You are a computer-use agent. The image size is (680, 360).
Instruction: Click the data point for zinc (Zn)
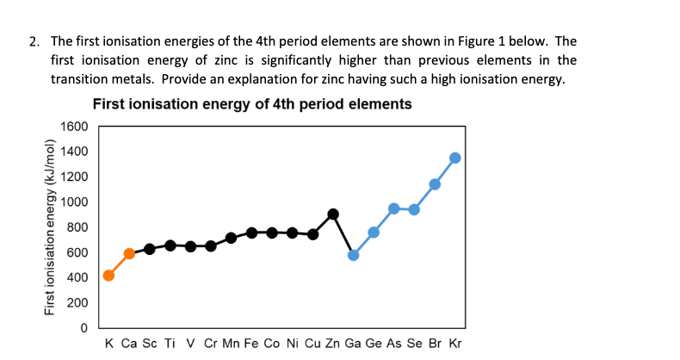(333, 214)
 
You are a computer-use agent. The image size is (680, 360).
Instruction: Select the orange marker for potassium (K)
(108, 276)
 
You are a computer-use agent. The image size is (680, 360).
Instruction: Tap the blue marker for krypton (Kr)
(455, 158)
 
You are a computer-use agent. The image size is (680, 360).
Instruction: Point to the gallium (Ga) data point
(353, 255)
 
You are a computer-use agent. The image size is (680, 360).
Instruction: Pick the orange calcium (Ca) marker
(129, 253)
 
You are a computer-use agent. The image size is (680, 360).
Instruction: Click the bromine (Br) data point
(435, 184)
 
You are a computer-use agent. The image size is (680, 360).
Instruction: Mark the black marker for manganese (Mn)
(231, 238)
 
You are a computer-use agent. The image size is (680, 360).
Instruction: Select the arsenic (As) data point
(393, 208)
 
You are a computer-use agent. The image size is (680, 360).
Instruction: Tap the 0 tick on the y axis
(84, 328)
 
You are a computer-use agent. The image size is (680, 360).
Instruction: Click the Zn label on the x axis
(332, 344)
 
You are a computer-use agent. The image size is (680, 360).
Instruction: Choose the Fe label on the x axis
(251, 344)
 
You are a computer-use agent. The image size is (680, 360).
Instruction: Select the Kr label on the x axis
(455, 344)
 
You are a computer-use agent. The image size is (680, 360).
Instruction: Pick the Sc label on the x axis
(150, 344)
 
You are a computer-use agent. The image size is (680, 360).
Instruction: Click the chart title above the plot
(251, 104)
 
